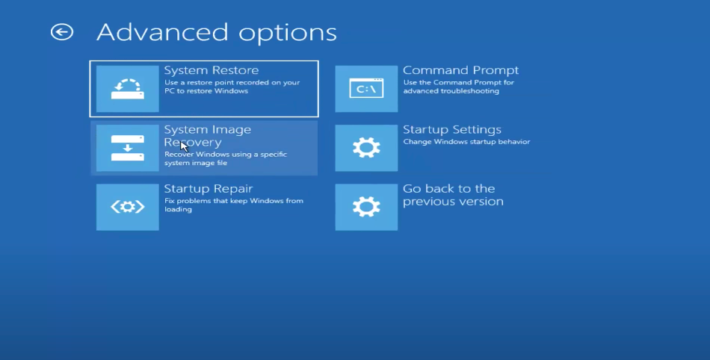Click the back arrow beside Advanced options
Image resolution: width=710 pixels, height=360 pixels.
click(x=62, y=32)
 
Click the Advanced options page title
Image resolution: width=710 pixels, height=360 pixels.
click(x=217, y=32)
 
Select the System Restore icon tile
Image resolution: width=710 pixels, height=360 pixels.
click(x=128, y=89)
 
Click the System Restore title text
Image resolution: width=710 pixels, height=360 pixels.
click(x=212, y=70)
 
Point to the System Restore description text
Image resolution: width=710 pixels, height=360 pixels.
click(x=232, y=87)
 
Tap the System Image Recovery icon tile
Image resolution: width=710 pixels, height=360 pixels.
click(x=128, y=148)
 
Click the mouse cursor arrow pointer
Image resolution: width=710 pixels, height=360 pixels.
click(x=184, y=146)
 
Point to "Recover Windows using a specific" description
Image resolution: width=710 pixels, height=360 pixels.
click(x=226, y=154)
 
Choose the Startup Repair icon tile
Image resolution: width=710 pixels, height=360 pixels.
click(x=128, y=207)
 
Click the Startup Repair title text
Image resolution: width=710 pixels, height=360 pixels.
click(x=209, y=189)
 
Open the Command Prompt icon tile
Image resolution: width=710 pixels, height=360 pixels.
click(x=366, y=89)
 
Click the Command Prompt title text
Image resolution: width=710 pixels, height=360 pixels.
click(x=460, y=70)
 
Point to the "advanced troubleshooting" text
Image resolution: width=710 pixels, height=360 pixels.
click(x=451, y=91)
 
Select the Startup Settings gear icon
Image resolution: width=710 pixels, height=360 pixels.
click(x=366, y=148)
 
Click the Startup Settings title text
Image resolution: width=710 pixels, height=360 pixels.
click(x=452, y=129)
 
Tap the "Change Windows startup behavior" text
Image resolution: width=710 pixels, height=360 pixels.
click(x=466, y=142)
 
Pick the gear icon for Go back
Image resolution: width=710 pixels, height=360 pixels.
click(x=366, y=207)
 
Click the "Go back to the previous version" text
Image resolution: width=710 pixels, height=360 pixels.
click(x=453, y=195)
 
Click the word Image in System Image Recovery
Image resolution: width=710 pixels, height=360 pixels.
click(x=230, y=130)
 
